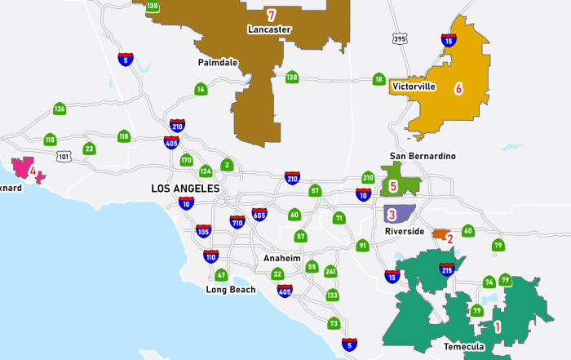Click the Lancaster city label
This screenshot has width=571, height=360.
pyautogui.click(x=270, y=29)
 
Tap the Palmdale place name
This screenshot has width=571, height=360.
pyautogui.click(x=218, y=62)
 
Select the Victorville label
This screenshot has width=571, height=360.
pyautogui.click(x=414, y=86)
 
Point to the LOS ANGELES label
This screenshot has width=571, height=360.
pyautogui.click(x=185, y=189)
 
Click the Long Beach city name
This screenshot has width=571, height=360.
pyautogui.click(x=231, y=290)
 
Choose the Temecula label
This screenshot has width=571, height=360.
pyautogui.click(x=464, y=347)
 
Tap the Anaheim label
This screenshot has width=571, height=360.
pyautogui.click(x=282, y=258)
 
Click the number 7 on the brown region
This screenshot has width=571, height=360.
pyautogui.click(x=271, y=15)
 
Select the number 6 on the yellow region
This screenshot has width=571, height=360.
pyautogui.click(x=458, y=88)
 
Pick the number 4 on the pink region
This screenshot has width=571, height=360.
pyautogui.click(x=33, y=171)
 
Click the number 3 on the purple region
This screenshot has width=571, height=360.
pyautogui.click(x=392, y=215)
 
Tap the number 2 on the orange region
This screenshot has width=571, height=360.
pyautogui.click(x=449, y=238)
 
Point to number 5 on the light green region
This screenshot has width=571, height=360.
pyautogui.click(x=393, y=186)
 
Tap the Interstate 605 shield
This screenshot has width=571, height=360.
pyautogui.click(x=259, y=215)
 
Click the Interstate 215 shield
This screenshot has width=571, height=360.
pyautogui.click(x=446, y=270)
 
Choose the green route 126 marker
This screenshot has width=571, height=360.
pyautogui.click(x=60, y=109)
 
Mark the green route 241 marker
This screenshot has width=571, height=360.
pyautogui.click(x=330, y=272)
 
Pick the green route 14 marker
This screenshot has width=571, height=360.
pyautogui.click(x=201, y=89)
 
